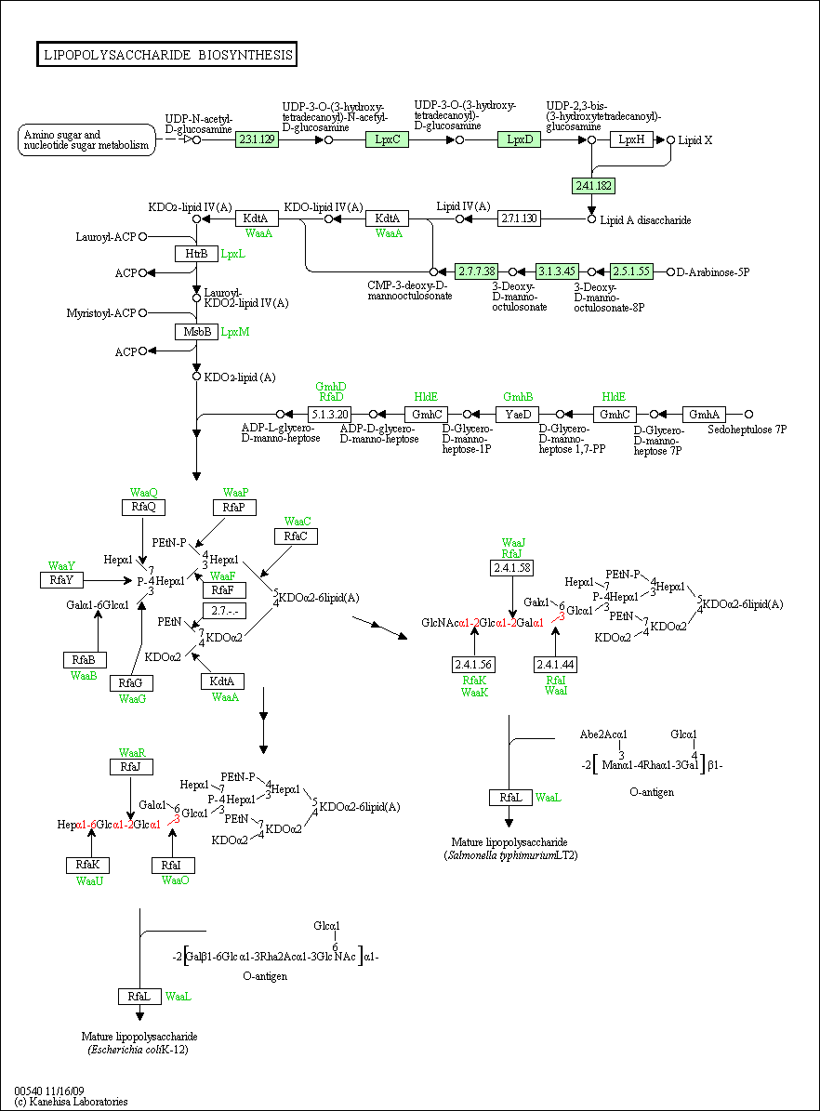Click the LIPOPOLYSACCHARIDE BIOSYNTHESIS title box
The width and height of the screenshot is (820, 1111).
click(166, 55)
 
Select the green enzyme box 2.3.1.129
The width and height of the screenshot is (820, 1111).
click(257, 139)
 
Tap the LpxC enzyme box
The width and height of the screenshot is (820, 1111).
click(388, 139)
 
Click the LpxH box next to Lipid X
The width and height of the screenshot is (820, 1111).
click(631, 139)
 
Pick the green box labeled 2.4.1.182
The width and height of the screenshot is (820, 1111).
click(593, 186)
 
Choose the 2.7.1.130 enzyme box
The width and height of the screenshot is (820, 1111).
click(519, 218)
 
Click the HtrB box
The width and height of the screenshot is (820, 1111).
click(196, 254)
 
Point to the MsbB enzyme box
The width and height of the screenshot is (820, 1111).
click(196, 332)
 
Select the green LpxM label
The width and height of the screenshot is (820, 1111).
click(234, 332)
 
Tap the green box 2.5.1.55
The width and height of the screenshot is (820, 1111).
click(631, 271)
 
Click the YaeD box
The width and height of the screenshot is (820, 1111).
click(517, 415)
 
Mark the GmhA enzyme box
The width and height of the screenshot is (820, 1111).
click(704, 415)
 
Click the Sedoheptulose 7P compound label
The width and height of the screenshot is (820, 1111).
click(747, 430)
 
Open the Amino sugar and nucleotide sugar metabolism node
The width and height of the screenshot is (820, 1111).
click(86, 139)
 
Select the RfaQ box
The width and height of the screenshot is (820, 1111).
click(143, 508)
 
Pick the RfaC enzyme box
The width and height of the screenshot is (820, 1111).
click(296, 536)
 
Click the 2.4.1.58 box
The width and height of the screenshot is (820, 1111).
click(511, 568)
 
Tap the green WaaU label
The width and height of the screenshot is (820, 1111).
click(90, 880)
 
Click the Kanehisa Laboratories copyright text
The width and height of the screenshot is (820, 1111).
click(71, 1102)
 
